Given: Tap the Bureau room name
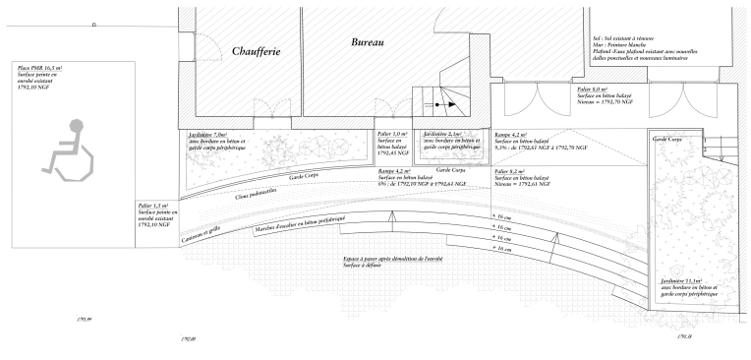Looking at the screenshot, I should pos(366,42).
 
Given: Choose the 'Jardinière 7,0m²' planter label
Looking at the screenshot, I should pos(205,135).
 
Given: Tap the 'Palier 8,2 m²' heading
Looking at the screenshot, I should pos(511,171).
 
